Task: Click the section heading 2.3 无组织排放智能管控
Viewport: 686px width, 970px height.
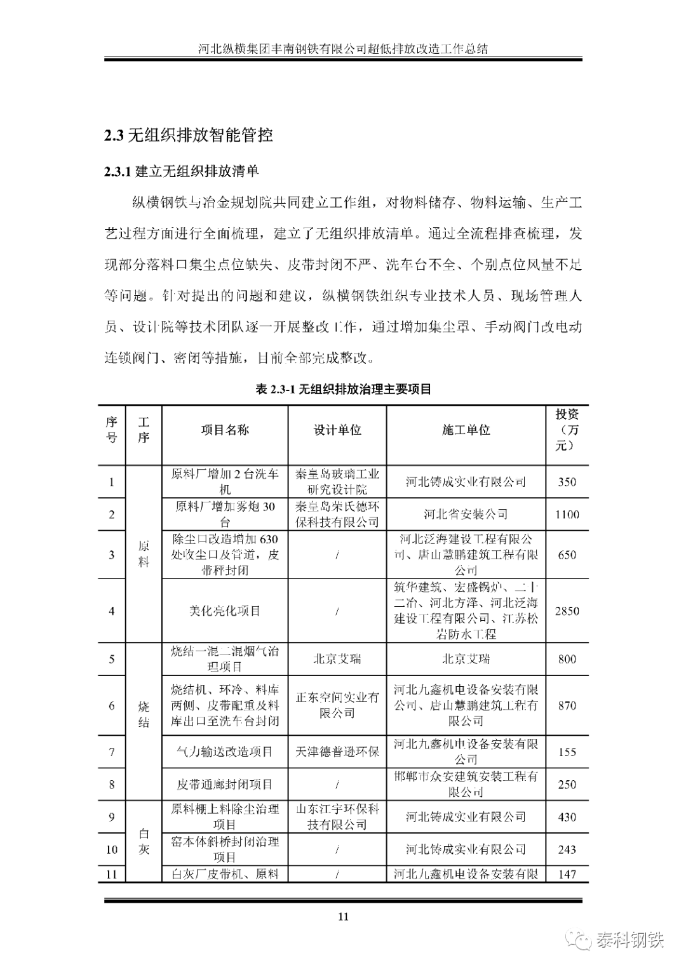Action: [x=189, y=135]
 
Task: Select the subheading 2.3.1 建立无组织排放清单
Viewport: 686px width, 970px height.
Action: [x=181, y=171]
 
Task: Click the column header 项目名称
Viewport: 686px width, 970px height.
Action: [x=225, y=430]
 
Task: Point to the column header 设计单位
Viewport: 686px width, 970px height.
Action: [x=337, y=430]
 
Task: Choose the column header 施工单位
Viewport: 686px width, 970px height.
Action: [x=466, y=430]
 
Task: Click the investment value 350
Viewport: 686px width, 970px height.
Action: [x=567, y=482]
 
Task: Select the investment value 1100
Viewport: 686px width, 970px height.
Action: [x=567, y=514]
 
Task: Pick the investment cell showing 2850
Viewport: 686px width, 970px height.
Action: [x=567, y=611]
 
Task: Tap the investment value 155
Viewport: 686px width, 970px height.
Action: [x=567, y=752]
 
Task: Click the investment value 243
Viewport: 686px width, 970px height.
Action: [x=567, y=849]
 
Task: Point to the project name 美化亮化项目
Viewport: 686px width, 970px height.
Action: [x=225, y=611]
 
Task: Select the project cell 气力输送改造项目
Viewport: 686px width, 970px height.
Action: [x=225, y=752]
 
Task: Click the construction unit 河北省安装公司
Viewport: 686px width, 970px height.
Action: [x=466, y=514]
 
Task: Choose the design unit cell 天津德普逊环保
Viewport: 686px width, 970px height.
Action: [x=337, y=752]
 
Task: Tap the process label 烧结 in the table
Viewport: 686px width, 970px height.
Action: [x=144, y=714]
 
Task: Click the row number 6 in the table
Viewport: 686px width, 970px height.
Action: [x=112, y=705]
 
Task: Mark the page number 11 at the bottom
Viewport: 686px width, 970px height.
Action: [x=343, y=916]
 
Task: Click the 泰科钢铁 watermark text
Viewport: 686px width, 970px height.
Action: [x=630, y=940]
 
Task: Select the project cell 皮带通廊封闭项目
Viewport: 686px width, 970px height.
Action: [x=225, y=785]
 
